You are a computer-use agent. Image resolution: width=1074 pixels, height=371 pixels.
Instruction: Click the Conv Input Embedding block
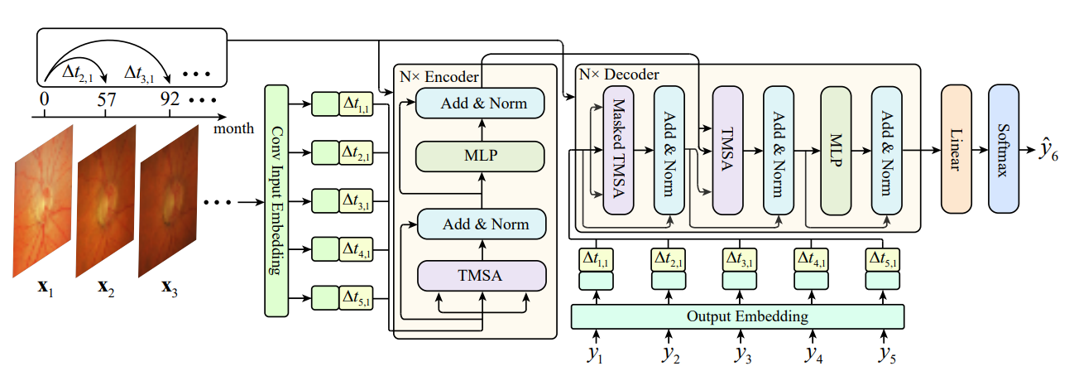click(276, 200)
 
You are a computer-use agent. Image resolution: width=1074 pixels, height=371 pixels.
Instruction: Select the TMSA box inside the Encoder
click(483, 273)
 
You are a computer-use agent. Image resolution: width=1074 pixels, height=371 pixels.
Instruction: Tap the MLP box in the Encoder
click(483, 154)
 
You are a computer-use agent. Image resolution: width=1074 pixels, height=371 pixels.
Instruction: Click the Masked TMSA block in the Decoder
click(616, 152)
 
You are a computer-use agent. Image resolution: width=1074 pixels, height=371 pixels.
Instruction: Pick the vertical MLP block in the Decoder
click(836, 152)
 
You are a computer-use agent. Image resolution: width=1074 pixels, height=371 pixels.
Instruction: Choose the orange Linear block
click(956, 152)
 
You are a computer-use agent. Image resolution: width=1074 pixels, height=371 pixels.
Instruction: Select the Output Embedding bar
click(736, 316)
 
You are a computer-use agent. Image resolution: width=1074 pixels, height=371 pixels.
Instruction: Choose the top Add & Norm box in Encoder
click(483, 104)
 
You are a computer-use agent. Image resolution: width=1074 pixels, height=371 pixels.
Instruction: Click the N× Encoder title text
click(439, 76)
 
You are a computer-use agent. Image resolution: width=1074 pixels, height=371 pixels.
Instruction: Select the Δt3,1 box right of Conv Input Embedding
click(357, 200)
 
